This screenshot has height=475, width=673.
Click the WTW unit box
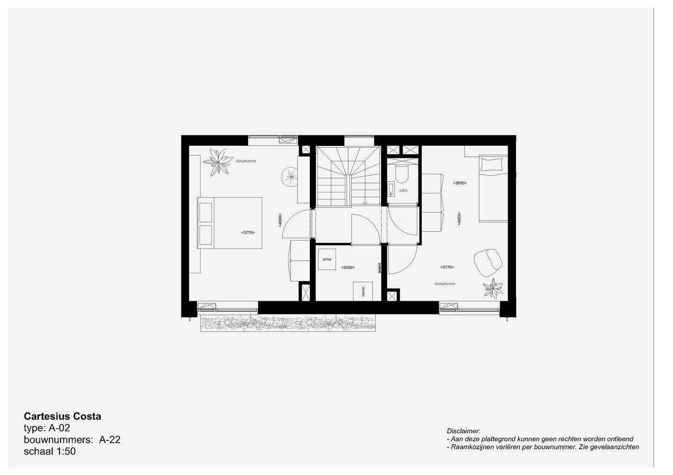pos(327,259)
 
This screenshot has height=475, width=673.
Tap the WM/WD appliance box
pos(363,291)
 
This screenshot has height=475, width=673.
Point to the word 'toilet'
pos(403,190)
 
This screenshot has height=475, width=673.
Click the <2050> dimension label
pos(348,268)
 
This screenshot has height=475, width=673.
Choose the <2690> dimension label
pos(459,183)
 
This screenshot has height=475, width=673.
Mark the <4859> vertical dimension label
pos(459,220)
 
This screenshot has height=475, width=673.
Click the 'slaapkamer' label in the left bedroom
pos(246,161)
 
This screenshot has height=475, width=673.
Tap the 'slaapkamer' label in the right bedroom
pos(444,284)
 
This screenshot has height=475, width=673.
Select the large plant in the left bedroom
pos(217,162)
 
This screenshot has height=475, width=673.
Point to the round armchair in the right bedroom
pos(488,262)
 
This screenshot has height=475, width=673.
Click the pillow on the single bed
pos(493,165)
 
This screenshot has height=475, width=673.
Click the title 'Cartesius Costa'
pos(62,416)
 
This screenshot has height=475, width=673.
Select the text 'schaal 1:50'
pos(50,452)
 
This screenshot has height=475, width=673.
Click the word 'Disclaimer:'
pos(463,431)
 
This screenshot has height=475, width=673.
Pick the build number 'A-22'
pos(110,440)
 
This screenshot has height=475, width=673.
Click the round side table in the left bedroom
pos(291,176)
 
